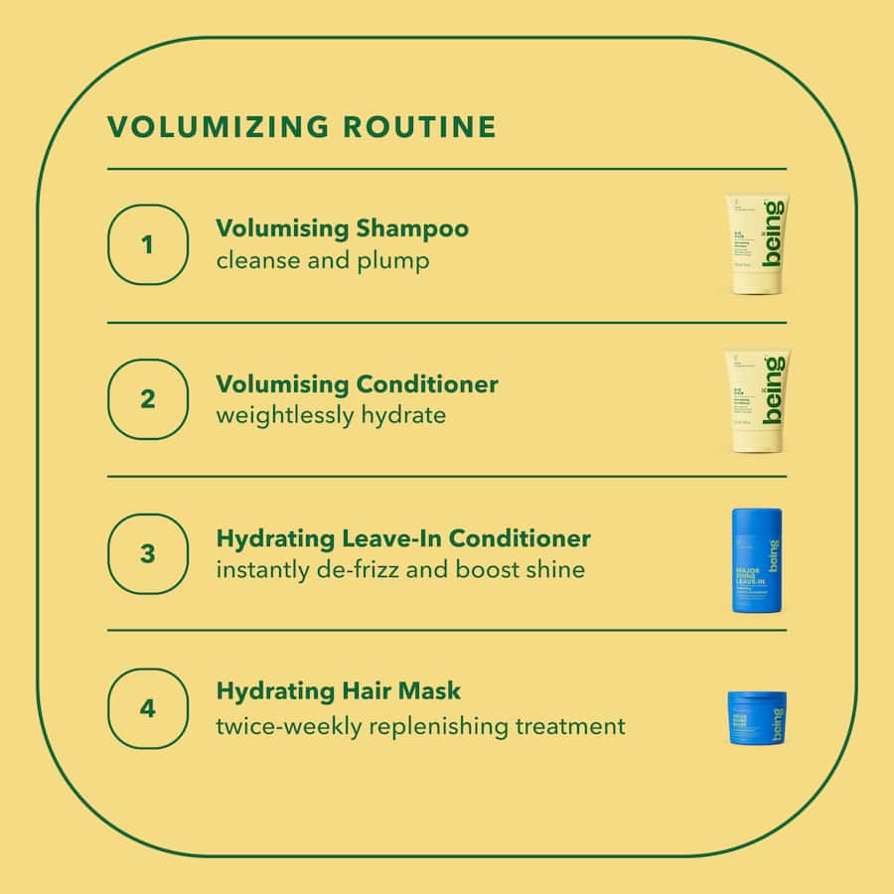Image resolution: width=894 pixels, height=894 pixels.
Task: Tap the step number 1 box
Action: coord(147,244)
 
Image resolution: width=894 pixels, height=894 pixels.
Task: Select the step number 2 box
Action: coord(147,398)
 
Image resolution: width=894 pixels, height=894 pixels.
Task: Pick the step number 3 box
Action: coord(147,553)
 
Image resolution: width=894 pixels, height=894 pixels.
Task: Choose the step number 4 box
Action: coord(147,708)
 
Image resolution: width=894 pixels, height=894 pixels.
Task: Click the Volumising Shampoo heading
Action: coord(342,228)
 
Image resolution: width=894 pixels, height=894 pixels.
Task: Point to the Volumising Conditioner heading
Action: coord(357,383)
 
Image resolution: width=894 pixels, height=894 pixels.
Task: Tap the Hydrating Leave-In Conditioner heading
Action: coord(402,538)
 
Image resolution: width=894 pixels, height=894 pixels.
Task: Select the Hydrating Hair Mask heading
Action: coord(338,690)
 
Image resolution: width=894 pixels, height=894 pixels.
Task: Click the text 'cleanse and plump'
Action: coord(323,260)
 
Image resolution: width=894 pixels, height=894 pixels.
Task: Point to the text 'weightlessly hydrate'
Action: coord(331,414)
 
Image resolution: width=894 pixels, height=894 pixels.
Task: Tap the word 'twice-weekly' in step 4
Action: coord(289,726)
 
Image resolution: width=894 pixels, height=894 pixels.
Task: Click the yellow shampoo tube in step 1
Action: coord(756,244)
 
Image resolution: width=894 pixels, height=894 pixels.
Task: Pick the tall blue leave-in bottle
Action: coord(757,559)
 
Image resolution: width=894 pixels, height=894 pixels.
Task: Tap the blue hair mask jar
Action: coord(757,718)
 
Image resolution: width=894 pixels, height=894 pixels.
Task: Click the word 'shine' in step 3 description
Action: coord(558,569)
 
